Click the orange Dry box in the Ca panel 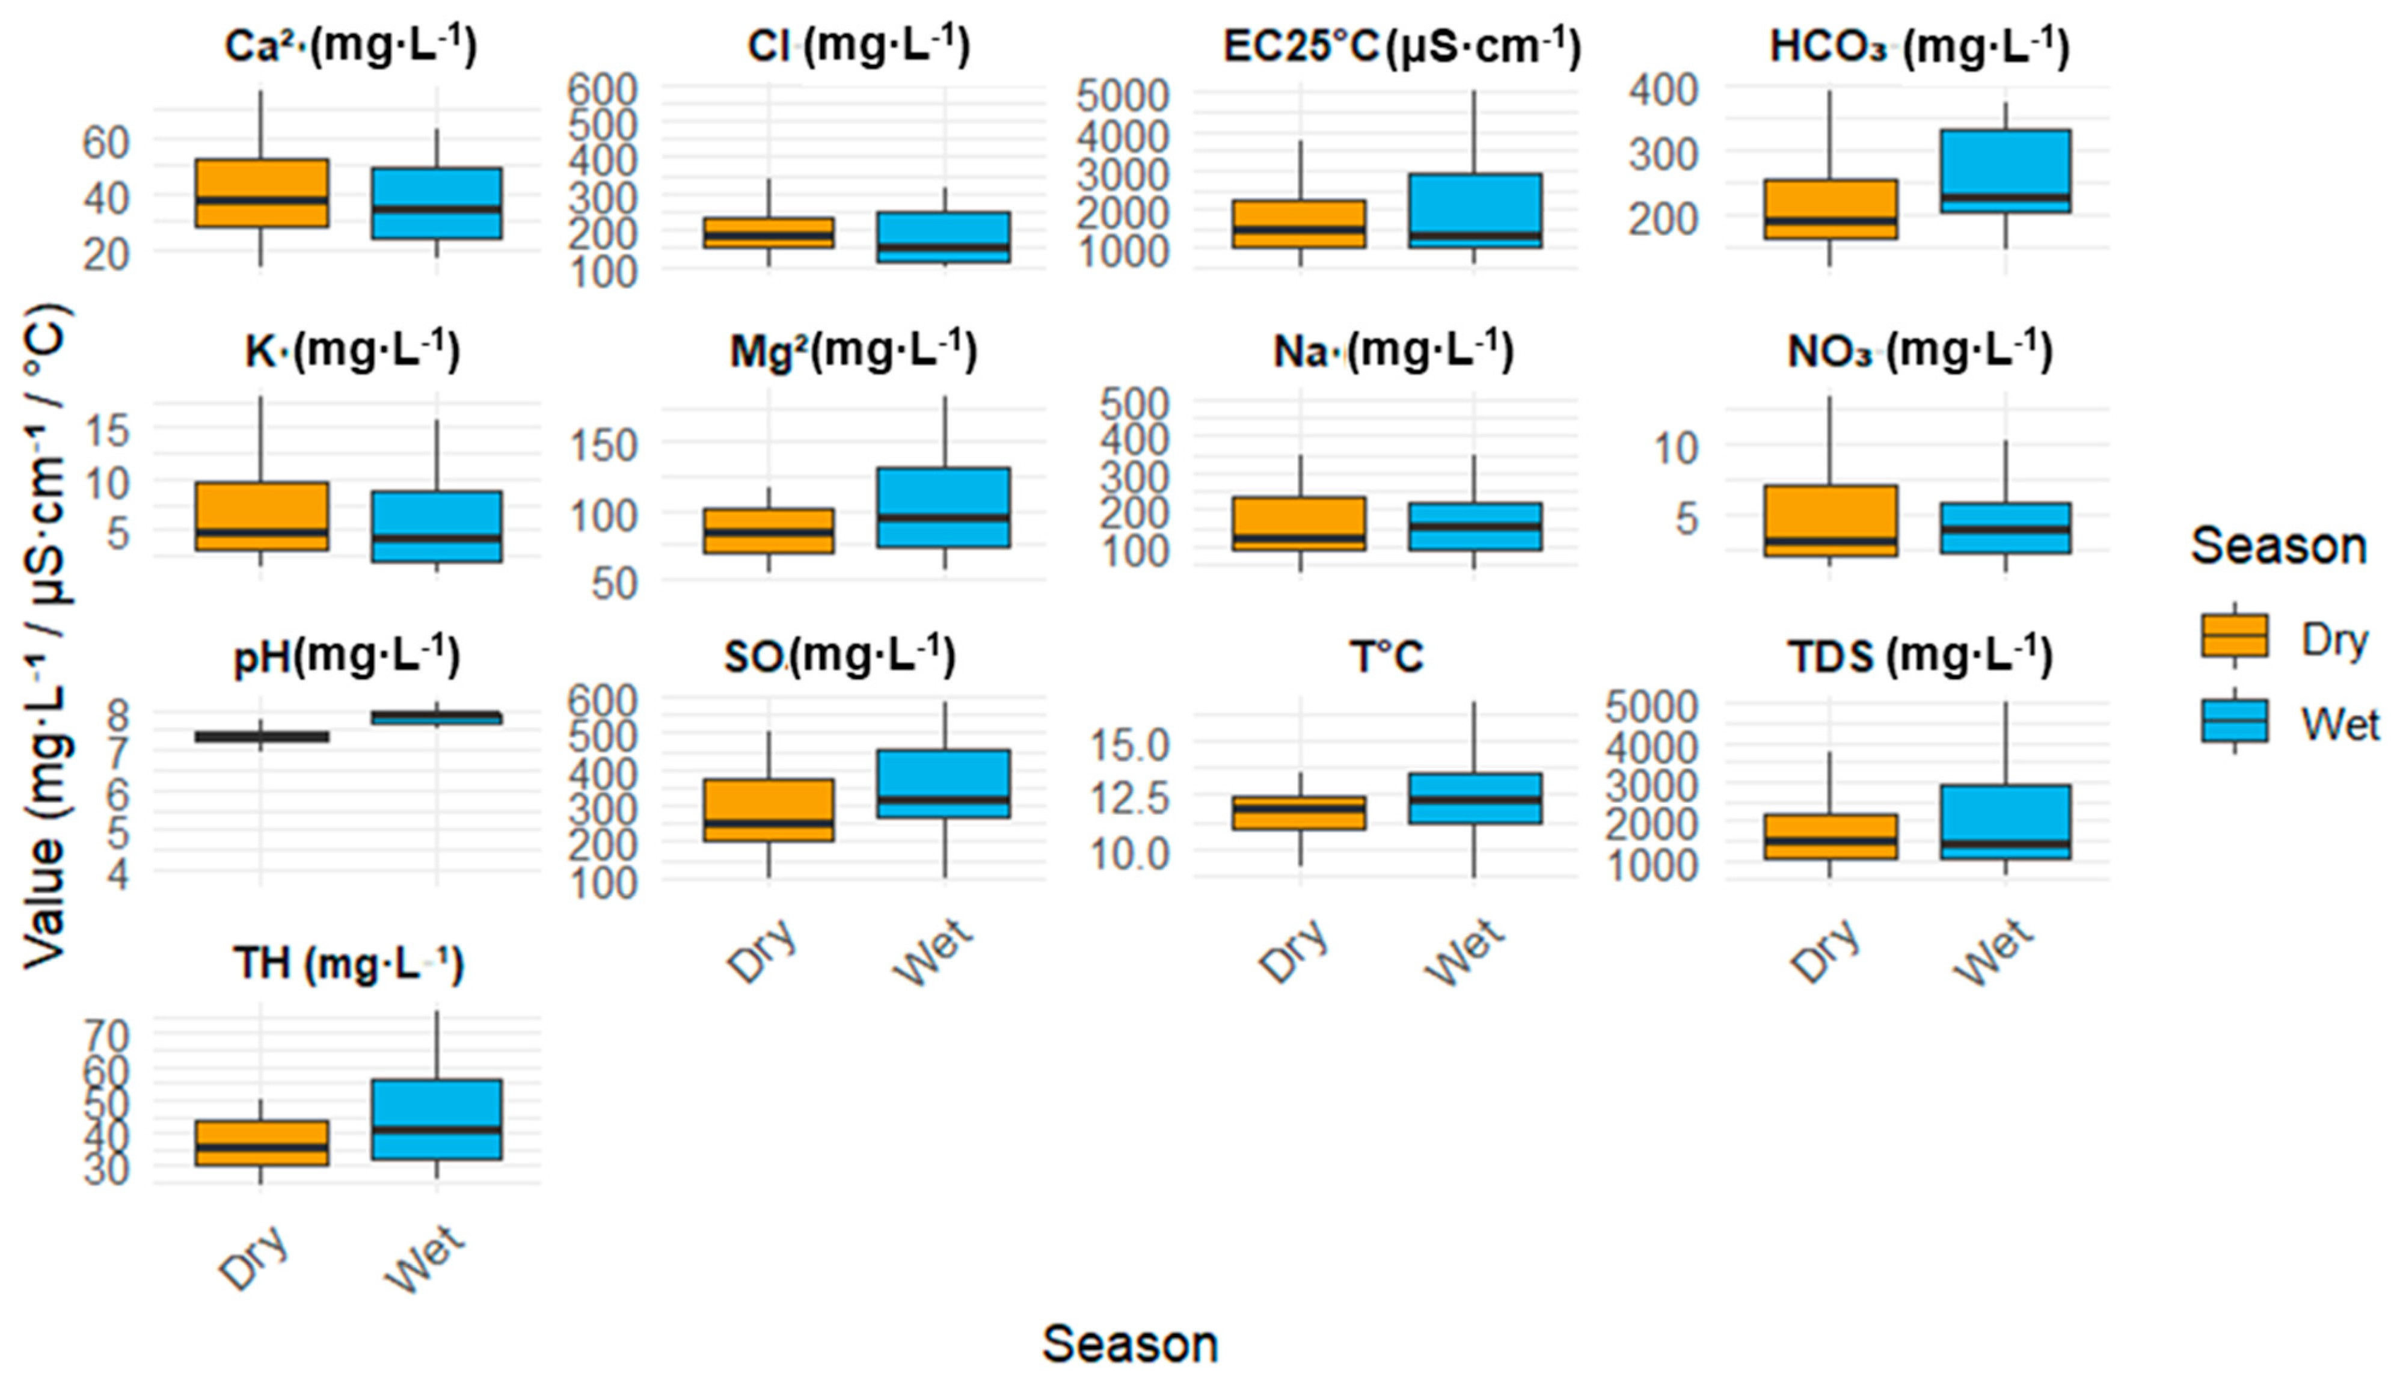click(x=261, y=192)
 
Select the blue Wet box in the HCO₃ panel click(x=2005, y=171)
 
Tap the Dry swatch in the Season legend click(x=2235, y=636)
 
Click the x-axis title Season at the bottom click(x=1129, y=1345)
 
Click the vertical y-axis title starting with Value click(x=46, y=636)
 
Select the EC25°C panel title click(x=1402, y=46)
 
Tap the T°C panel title click(x=1386, y=657)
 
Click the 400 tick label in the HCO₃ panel click(x=1663, y=90)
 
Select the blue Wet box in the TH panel click(x=437, y=1119)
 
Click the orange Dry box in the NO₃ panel click(x=1829, y=520)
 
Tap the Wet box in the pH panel click(x=437, y=717)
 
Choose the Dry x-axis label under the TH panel click(x=254, y=1258)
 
